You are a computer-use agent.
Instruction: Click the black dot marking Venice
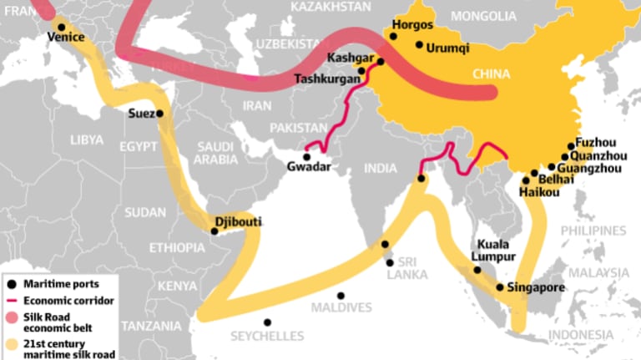tap(61, 27)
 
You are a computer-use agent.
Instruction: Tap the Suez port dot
tap(159, 114)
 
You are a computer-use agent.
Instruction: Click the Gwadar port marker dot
tap(306, 156)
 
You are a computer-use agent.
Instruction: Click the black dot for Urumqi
tap(419, 45)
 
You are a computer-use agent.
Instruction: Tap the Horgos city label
tap(412, 26)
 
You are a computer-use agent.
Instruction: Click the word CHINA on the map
tap(491, 74)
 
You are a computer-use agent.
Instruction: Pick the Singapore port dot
tap(499, 286)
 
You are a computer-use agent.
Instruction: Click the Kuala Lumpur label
tap(497, 251)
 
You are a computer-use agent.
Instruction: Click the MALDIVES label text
tap(341, 307)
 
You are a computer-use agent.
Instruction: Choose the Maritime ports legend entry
tap(63, 283)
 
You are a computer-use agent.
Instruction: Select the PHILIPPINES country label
tap(593, 230)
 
